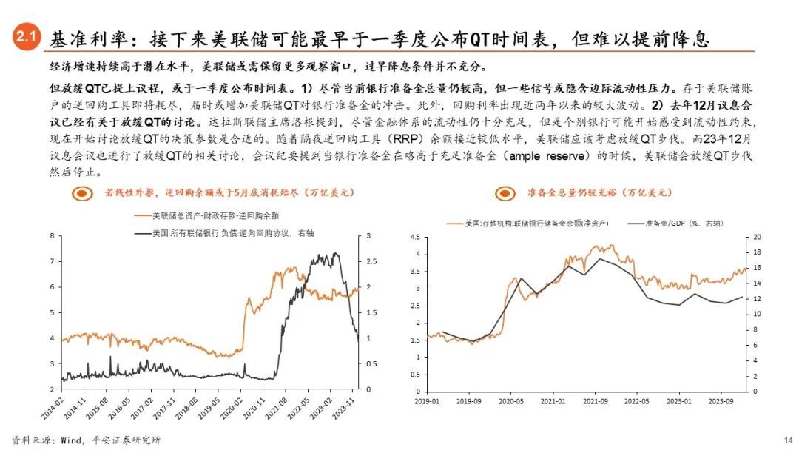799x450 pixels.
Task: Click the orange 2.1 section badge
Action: pos(27,38)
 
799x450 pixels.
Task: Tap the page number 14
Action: pos(788,439)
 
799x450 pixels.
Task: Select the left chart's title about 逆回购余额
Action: pos(229,192)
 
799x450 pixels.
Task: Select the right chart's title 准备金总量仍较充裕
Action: pos(599,192)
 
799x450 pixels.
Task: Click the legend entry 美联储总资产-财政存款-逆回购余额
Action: pos(207,215)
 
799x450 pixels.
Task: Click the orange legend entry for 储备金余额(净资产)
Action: pos(526,222)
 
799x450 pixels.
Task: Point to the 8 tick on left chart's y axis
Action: pos(53,236)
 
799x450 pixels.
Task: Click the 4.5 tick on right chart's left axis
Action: pos(415,238)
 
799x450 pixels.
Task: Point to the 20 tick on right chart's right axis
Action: pos(757,238)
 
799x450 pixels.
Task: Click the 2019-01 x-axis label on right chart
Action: pos(428,402)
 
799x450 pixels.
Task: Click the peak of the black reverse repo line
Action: pos(337,254)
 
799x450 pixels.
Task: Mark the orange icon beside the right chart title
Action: pos(507,193)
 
